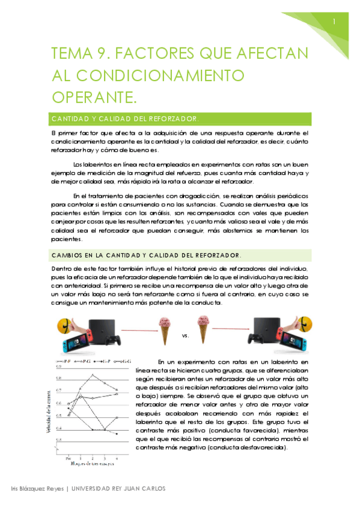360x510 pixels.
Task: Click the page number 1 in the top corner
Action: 334,22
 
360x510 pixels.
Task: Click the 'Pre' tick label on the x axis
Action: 67,458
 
